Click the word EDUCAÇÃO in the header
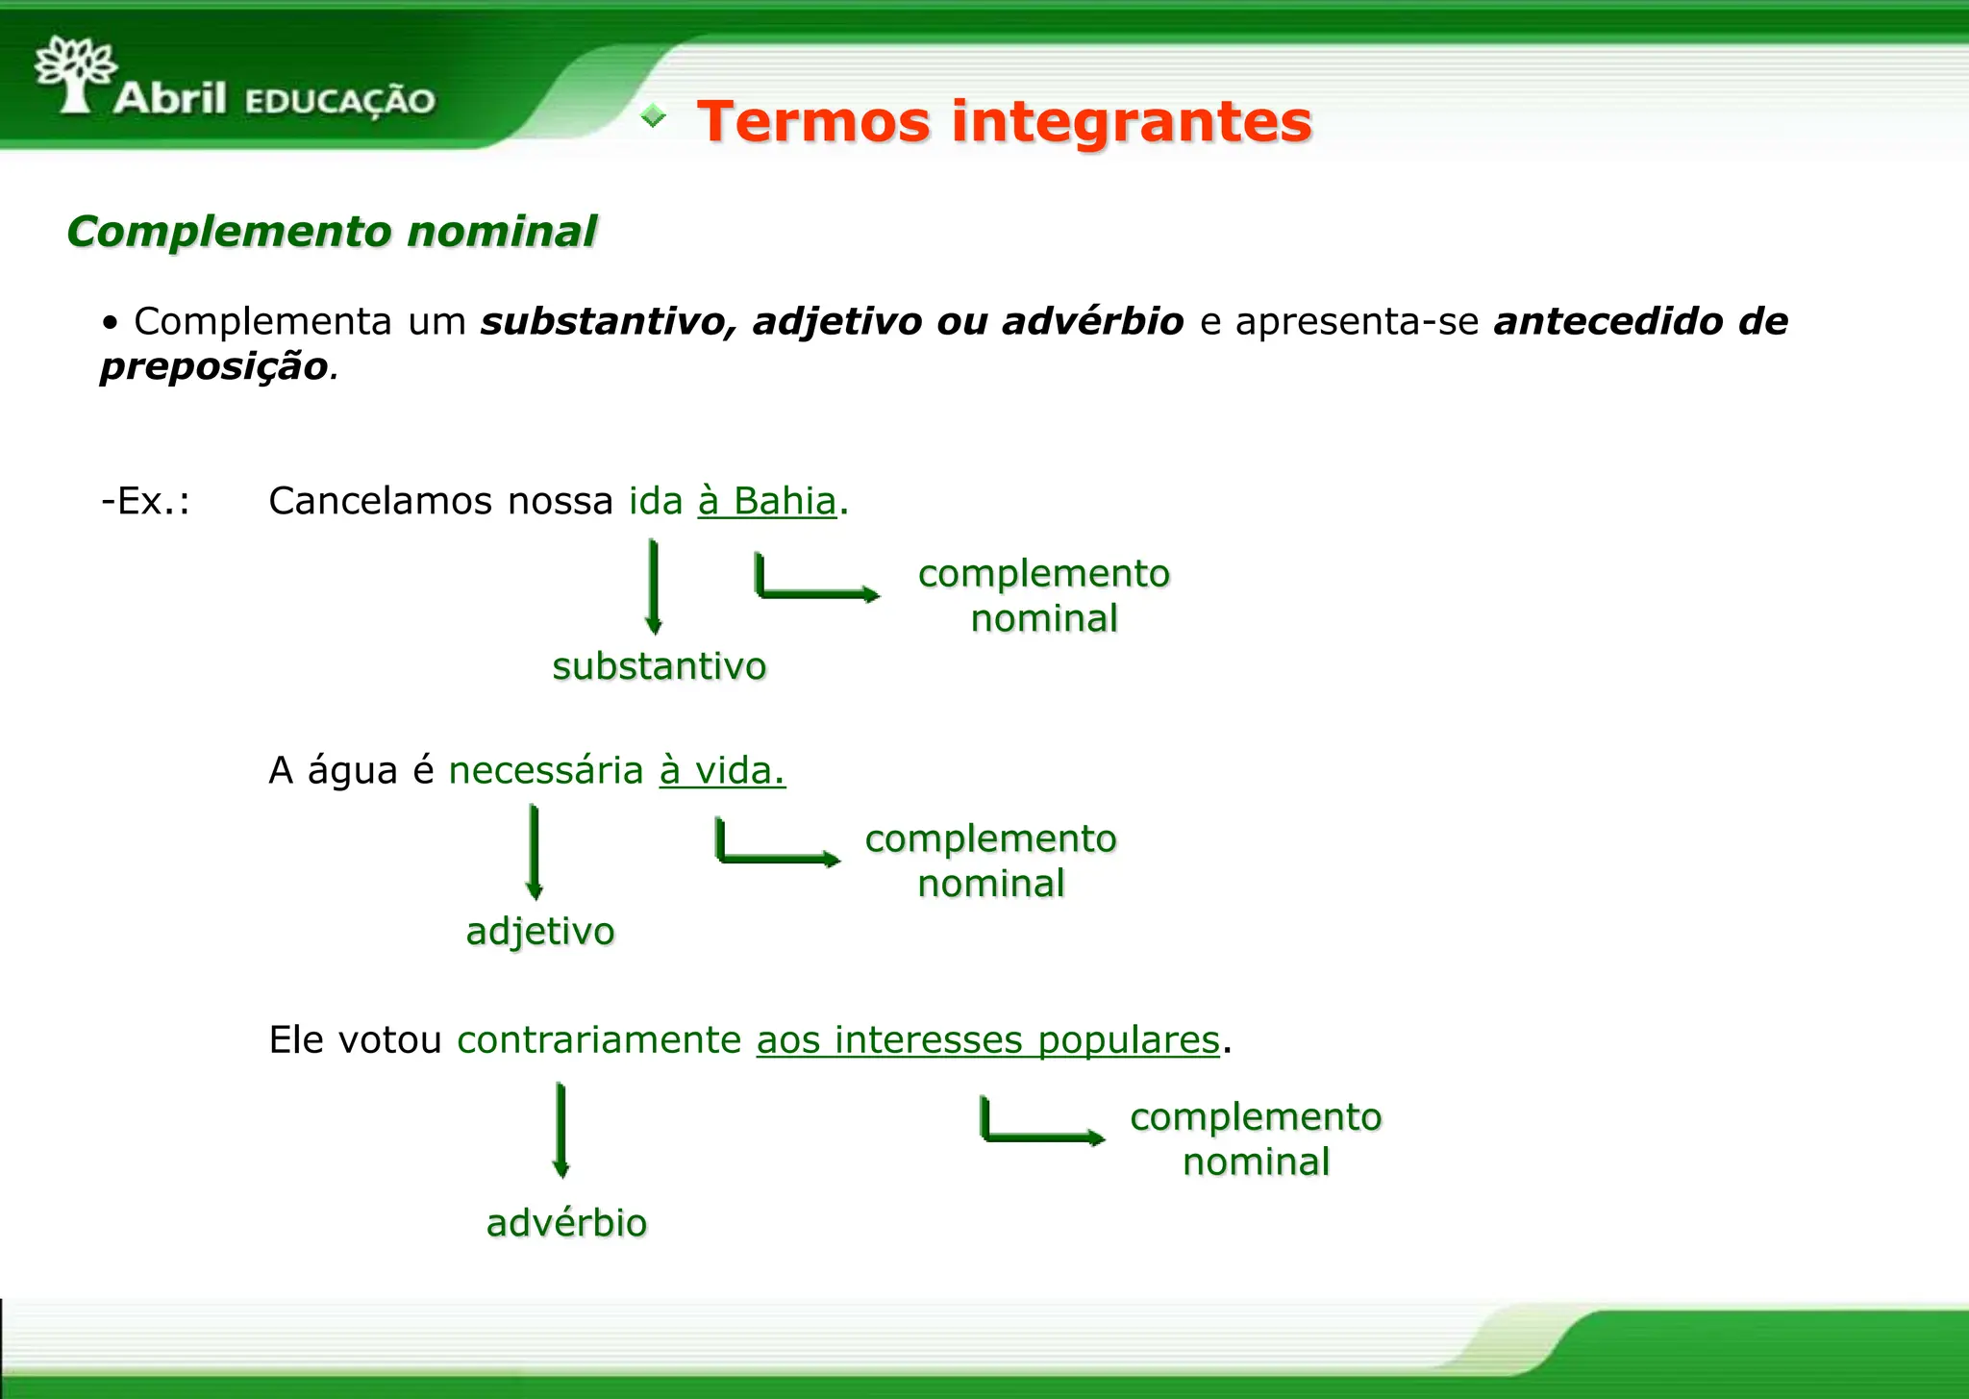pos(340,101)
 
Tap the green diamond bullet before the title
pos(654,116)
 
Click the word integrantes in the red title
pos(1132,122)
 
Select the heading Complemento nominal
pos(332,232)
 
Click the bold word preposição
pos(214,366)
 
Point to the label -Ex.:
pos(146,501)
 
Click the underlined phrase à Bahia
pos(767,501)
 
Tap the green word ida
pos(656,501)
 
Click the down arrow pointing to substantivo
pos(654,587)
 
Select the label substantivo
pos(660,666)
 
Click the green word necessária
pos(546,770)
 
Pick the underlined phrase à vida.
pos(722,770)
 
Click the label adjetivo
pos(540,931)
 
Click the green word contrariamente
pos(599,1039)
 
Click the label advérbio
pos(566,1223)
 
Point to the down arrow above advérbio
pos(561,1130)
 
